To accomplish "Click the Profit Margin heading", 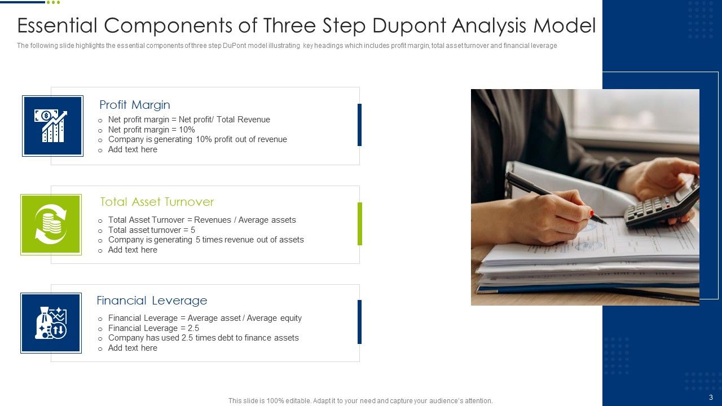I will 134,105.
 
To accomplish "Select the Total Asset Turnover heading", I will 157,202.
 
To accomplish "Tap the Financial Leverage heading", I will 152,301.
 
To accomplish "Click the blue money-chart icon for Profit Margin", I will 52,126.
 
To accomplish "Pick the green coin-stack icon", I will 51,224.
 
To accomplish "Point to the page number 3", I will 711,397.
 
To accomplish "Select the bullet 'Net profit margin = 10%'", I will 151,130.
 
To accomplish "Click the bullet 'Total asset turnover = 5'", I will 151,230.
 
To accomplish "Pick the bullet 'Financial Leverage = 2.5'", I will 153,328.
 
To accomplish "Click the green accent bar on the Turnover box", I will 360,224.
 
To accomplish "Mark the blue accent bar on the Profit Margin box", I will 359,125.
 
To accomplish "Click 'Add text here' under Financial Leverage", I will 133,348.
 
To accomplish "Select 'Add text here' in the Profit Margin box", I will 133,149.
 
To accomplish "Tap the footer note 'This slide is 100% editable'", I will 360,401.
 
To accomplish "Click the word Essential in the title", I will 57,26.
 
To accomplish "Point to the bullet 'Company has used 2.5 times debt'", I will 203,338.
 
